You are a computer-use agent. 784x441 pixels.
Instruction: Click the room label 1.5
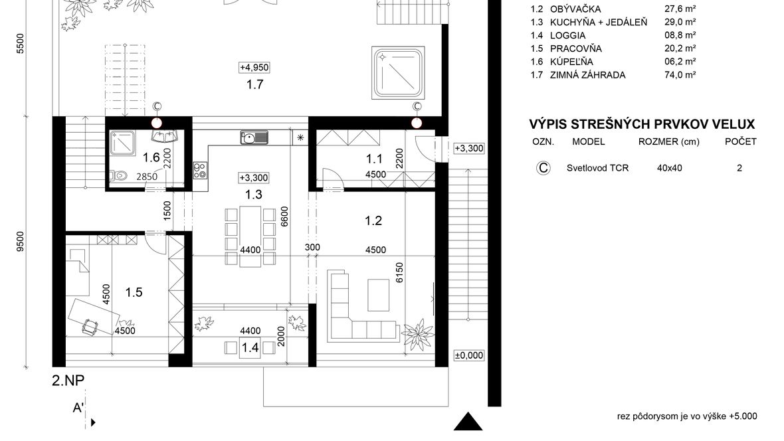[134, 292]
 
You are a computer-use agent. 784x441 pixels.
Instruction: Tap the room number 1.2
[373, 220]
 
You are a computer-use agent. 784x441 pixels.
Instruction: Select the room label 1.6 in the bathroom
[151, 157]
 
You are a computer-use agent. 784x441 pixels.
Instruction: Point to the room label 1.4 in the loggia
[250, 347]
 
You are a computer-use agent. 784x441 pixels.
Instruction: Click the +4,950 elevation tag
[254, 67]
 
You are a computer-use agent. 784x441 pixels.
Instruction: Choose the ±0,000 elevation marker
[469, 355]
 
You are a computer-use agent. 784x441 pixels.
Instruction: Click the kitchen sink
[254, 137]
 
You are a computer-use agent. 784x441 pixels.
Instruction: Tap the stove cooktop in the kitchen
[200, 171]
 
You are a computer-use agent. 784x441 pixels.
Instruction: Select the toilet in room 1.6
[118, 175]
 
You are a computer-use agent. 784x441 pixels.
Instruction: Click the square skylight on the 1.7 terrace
[399, 73]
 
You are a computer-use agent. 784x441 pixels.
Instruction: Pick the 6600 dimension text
[284, 217]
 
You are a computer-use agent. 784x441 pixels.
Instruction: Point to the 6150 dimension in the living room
[399, 272]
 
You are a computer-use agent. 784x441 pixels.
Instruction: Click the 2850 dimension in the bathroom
[147, 177]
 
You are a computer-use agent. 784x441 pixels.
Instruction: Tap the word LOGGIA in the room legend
[567, 35]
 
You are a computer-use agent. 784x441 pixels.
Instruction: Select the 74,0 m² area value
[680, 75]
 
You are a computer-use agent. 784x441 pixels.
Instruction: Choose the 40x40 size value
[670, 168]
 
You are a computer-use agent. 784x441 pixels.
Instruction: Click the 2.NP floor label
[68, 381]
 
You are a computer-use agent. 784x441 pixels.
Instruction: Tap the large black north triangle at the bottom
[468, 422]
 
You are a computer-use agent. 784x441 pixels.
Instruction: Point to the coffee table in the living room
[379, 296]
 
